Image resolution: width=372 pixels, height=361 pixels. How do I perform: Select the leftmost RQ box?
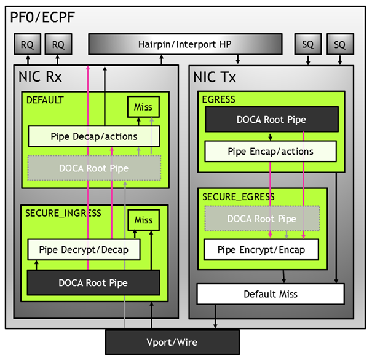pos(27,44)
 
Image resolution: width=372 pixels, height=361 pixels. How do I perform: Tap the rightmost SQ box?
pos(339,44)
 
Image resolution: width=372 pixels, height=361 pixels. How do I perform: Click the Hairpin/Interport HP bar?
pos(185,44)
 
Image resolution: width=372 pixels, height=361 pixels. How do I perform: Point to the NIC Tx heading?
pos(215,78)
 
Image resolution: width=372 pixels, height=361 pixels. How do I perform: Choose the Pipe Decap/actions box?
pos(94,136)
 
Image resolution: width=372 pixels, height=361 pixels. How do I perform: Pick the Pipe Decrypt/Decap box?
pos(84,250)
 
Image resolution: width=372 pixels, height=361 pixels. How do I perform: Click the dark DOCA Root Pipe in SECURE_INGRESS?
pos(93,282)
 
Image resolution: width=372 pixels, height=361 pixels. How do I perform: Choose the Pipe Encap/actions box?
pos(271,151)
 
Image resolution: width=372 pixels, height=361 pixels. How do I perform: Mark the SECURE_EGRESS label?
pos(239,196)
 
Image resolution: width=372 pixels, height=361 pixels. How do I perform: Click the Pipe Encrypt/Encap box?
pos(262,250)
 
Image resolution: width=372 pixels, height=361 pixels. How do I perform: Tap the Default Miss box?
pos(271,294)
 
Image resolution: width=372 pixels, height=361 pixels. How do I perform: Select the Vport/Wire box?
pos(172,342)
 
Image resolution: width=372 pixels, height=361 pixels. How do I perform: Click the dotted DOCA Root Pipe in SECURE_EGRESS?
pos(262,219)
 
